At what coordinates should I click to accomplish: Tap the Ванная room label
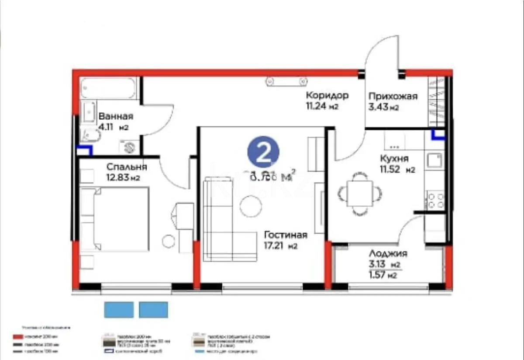click(115, 117)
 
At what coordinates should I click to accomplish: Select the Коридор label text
click(327, 95)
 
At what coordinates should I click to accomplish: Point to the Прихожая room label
click(393, 97)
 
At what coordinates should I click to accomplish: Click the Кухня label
click(394, 159)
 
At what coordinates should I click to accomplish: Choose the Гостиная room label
click(285, 235)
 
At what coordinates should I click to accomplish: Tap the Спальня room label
click(127, 167)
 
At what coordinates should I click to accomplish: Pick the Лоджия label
click(388, 254)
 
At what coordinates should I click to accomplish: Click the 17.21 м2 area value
click(280, 246)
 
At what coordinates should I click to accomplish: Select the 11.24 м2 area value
click(322, 106)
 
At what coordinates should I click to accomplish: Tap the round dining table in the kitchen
click(359, 193)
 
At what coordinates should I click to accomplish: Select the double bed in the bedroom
click(115, 219)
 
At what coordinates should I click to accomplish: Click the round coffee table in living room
click(251, 205)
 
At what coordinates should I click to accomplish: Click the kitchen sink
click(435, 161)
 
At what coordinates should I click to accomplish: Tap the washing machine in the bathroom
click(128, 148)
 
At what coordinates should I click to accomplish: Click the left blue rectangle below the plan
click(118, 309)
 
